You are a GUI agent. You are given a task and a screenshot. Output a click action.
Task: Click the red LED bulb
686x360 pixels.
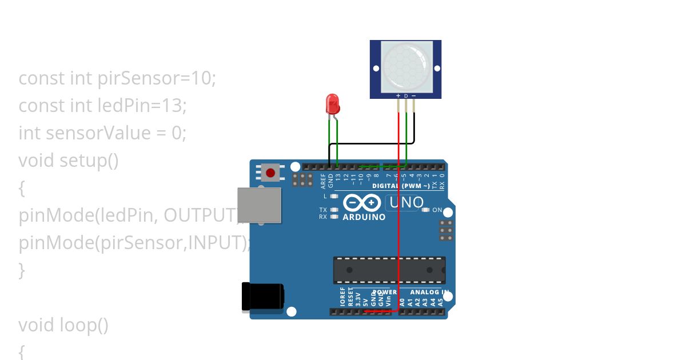pos(333,103)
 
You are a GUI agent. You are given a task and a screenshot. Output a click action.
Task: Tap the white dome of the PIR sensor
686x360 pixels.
pos(405,67)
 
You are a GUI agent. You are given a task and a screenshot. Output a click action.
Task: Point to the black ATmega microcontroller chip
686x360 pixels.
pos(389,270)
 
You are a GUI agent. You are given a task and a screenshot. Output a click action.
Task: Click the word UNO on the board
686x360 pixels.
pos(406,202)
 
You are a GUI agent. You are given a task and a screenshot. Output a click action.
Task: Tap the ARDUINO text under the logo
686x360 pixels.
pos(364,217)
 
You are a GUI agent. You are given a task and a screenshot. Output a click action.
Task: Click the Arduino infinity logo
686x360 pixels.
pos(362,203)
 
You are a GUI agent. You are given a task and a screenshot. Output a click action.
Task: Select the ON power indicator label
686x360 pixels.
pos(437,210)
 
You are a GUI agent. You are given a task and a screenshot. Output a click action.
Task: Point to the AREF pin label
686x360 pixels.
pos(323,181)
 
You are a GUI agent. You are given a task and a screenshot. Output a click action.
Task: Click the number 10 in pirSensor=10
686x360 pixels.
pos(202,78)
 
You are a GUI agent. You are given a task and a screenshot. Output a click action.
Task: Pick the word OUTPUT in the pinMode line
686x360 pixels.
pos(200,215)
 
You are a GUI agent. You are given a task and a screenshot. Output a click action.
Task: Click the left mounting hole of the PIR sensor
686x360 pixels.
pos(376,69)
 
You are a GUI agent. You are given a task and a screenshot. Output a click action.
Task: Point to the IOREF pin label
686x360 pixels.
pos(343,297)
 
